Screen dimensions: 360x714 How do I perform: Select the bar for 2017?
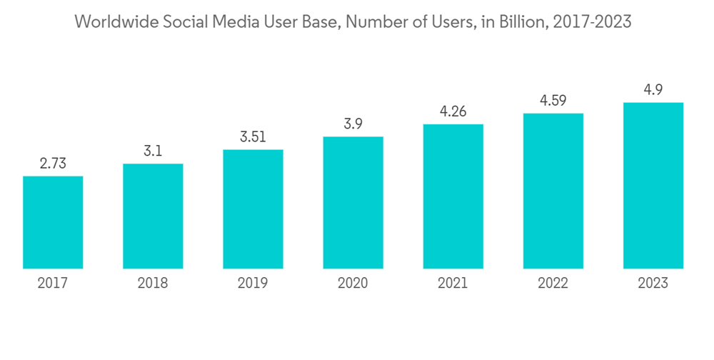pos(53,222)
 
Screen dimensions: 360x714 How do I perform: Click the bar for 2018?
pos(153,216)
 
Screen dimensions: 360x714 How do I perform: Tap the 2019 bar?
pos(253,209)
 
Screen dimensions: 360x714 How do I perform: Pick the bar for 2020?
pos(353,203)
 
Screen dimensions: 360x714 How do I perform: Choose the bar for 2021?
pos(453,196)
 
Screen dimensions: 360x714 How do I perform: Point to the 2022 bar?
pos(553,191)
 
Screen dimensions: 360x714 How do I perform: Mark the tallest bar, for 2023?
pos(653,186)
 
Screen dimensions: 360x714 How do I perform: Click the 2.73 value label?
pos(53,164)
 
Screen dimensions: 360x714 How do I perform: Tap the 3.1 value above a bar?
pos(153,151)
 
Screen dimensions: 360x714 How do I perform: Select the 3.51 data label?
pos(253,137)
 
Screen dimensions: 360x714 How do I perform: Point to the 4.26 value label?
pos(453,111)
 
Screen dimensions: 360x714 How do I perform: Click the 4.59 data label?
pos(553,101)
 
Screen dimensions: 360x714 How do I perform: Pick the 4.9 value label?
pos(653,90)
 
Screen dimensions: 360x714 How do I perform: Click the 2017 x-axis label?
pos(53,284)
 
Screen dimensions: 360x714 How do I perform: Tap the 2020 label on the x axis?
pos(353,284)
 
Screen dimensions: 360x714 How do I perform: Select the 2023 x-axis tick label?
pos(653,284)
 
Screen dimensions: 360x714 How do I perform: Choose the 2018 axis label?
pos(153,284)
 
